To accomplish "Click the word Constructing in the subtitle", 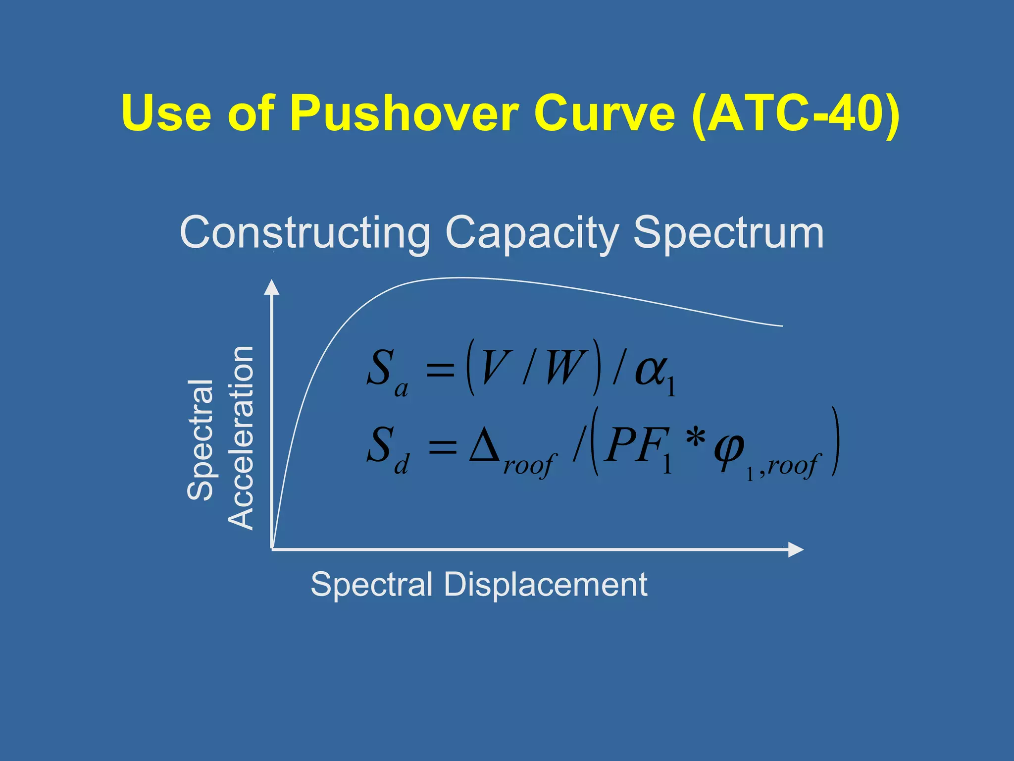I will click(x=304, y=233).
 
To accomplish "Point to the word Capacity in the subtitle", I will click(x=532, y=233).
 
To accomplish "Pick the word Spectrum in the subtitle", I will click(x=728, y=233).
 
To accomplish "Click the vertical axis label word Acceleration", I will click(x=241, y=438).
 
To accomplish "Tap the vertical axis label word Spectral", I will click(x=201, y=440).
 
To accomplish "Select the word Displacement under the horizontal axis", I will click(x=545, y=584).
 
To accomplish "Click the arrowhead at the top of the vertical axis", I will click(x=271, y=287).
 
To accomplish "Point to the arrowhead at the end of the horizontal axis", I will click(x=795, y=549).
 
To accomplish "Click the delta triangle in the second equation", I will click(x=485, y=444).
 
